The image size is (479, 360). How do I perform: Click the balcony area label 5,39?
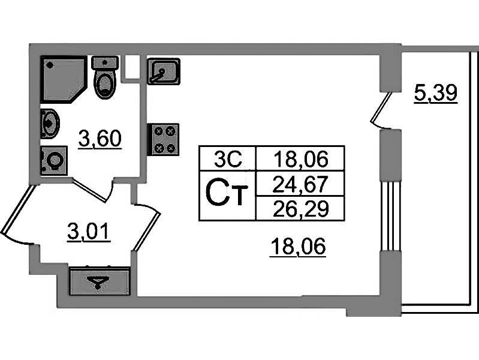click(436, 93)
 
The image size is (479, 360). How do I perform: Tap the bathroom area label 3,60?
click(100, 139)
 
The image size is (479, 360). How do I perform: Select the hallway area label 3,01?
click(89, 231)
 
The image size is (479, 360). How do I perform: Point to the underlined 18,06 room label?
click(297, 246)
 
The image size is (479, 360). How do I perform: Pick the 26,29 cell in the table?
click(300, 208)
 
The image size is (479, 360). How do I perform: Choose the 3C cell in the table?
click(228, 159)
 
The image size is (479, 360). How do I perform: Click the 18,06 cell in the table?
click(300, 159)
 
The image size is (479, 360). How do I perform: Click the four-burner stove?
click(163, 139)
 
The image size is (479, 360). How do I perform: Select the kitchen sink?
click(162, 72)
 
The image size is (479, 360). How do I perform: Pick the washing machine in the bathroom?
click(54, 161)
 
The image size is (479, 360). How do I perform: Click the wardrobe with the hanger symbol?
click(100, 281)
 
